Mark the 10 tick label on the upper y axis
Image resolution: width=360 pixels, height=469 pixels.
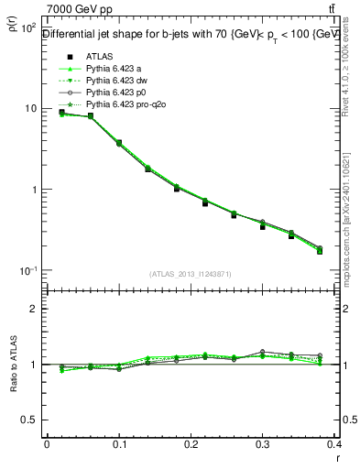pos(29,109)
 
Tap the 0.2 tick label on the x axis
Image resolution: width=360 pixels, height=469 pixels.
pos(191,444)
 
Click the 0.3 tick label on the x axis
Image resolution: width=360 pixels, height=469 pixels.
pos(264,444)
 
